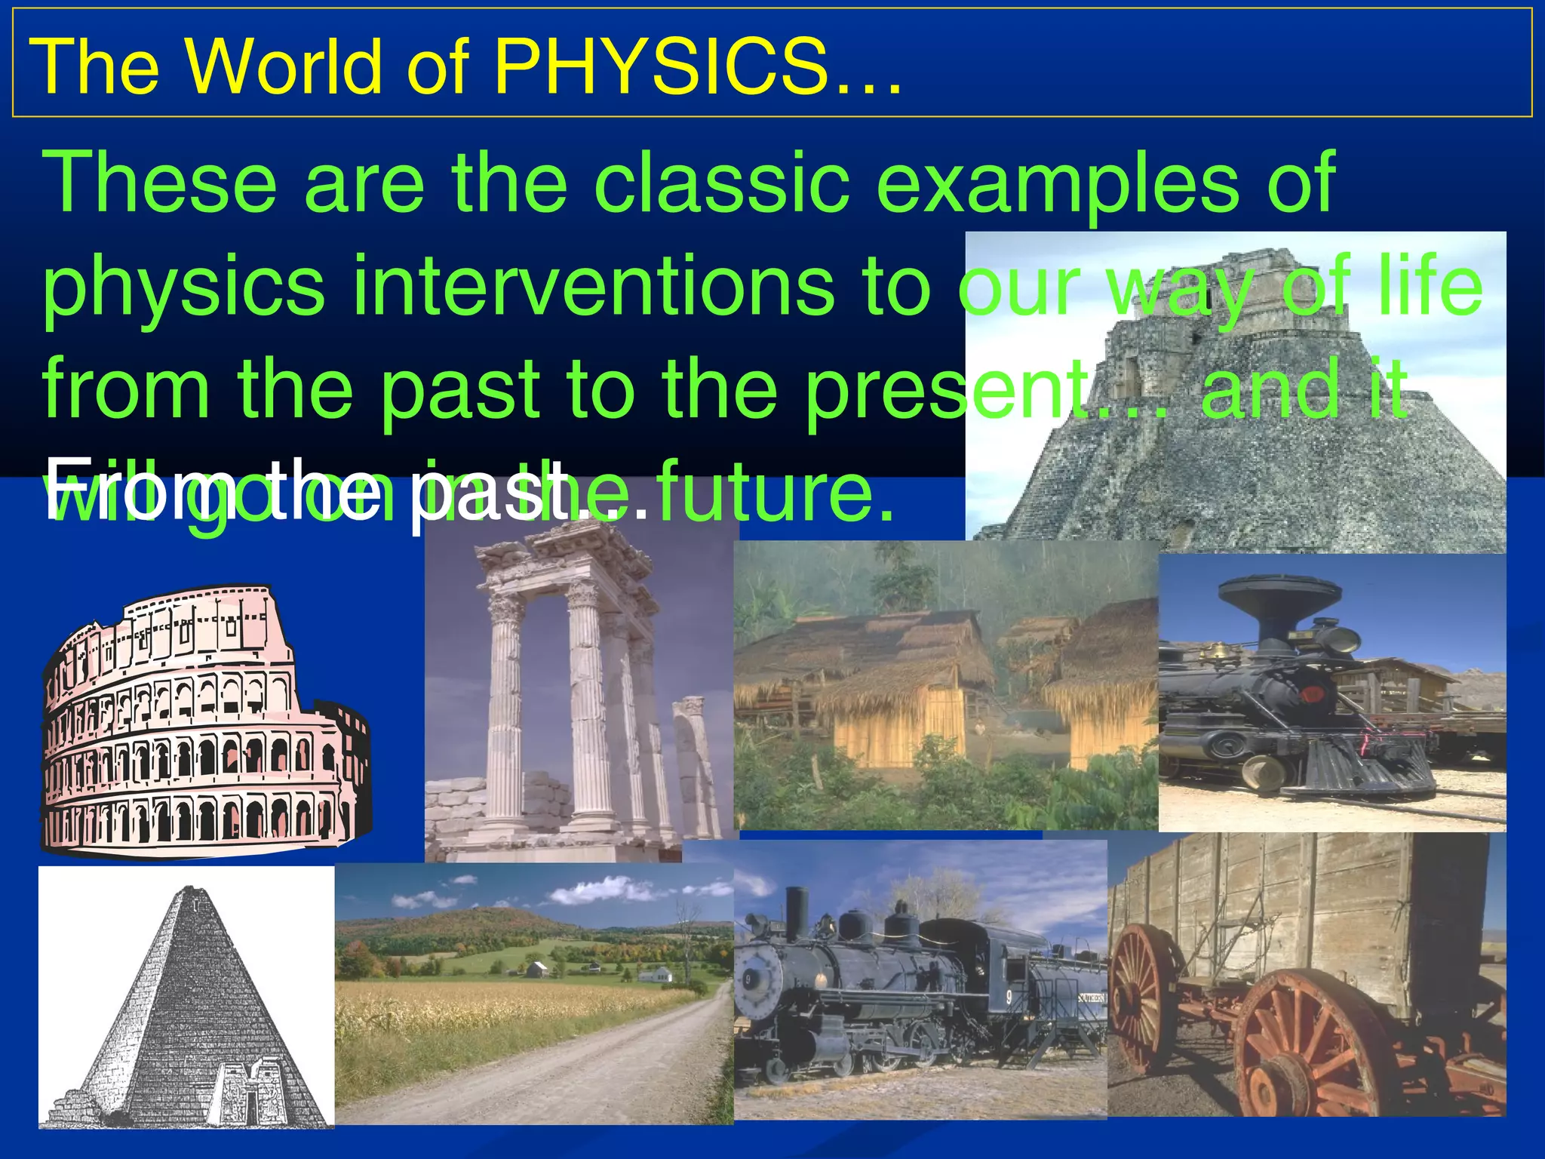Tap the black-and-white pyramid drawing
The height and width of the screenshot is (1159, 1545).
(x=185, y=1004)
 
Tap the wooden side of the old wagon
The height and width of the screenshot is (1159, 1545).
(x=1282, y=898)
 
